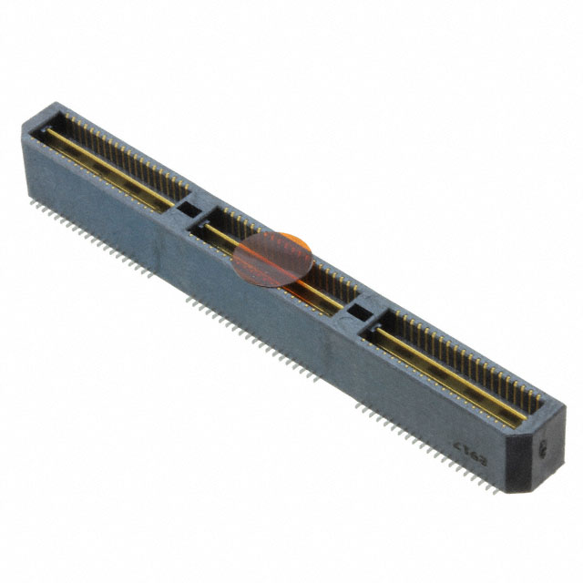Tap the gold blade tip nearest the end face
coord(523,422)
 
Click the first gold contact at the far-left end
coord(66,116)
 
